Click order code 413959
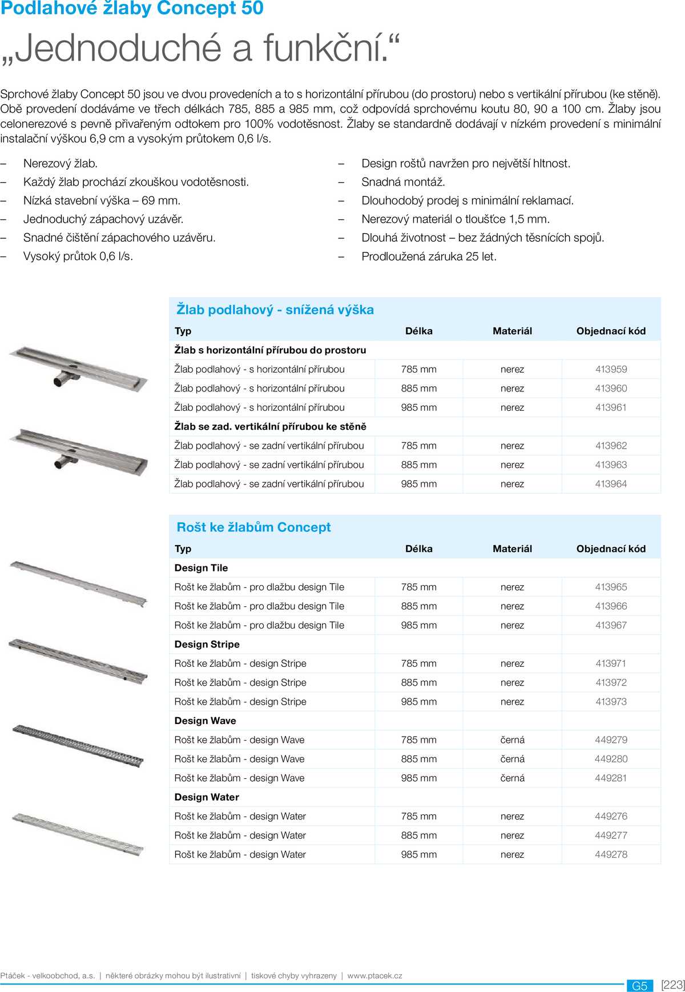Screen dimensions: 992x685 click(611, 369)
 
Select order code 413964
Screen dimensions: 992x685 click(611, 484)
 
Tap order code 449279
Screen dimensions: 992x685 click(611, 740)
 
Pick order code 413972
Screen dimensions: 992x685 click(611, 683)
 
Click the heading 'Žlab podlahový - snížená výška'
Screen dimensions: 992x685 click(275, 310)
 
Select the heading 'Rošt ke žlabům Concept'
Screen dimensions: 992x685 click(253, 527)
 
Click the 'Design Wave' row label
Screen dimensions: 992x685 click(205, 721)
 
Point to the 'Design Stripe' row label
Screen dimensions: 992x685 click(207, 645)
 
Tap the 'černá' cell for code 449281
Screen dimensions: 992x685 click(512, 778)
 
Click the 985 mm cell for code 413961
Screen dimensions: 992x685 click(418, 407)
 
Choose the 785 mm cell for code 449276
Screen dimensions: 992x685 click(418, 817)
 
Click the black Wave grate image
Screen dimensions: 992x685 click(78, 745)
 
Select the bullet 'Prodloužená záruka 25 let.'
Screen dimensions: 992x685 click(429, 257)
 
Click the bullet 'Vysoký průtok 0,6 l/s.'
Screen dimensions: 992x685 click(78, 257)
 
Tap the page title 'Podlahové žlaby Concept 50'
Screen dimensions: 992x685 click(132, 9)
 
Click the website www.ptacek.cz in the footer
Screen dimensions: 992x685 click(374, 976)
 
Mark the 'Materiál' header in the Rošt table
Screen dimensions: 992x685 click(512, 549)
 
